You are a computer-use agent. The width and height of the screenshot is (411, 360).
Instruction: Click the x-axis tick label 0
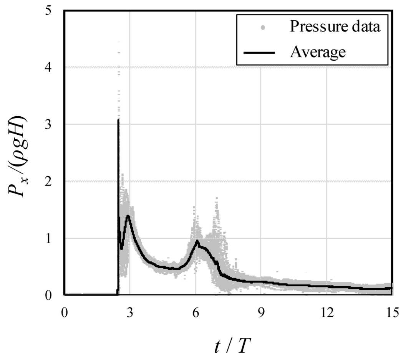65,312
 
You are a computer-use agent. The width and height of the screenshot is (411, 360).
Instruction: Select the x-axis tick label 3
130,312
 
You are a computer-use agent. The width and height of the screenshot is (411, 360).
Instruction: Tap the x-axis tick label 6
196,312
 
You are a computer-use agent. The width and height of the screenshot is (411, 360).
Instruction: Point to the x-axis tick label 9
261,312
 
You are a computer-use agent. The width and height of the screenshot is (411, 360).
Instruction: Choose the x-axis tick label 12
326,312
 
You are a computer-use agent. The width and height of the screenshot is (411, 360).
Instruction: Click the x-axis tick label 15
392,312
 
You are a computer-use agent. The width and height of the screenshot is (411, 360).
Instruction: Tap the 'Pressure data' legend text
335,26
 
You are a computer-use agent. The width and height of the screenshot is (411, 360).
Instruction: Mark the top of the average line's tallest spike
118,120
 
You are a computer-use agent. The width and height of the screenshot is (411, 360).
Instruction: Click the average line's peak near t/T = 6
197,241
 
